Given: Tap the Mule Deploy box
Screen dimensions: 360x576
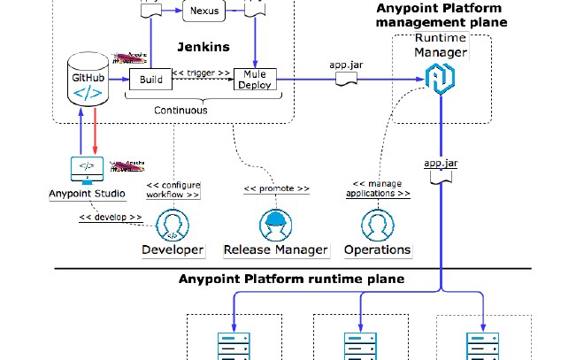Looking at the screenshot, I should click(x=255, y=80).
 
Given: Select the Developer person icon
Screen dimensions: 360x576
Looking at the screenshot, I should click(x=173, y=225).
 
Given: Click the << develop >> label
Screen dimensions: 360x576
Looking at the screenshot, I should click(x=111, y=217).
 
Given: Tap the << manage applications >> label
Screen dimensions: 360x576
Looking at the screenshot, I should click(x=377, y=188).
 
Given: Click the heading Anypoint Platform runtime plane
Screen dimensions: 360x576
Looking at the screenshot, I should click(x=291, y=280).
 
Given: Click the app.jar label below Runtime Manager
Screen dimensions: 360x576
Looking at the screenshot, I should click(x=440, y=164).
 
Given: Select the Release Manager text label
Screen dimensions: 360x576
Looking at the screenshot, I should click(x=276, y=249).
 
